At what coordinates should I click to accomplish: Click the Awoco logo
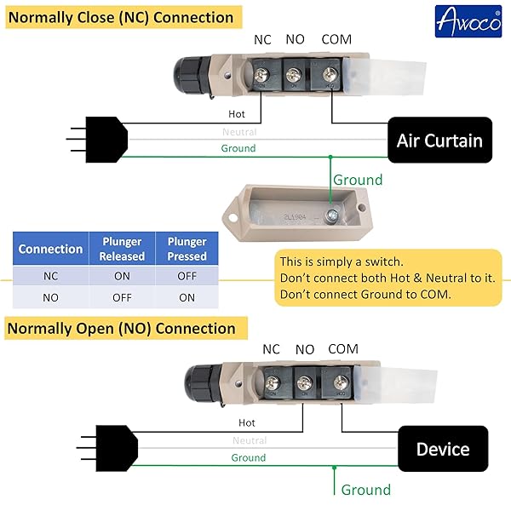(468, 20)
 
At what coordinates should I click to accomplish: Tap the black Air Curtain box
(439, 141)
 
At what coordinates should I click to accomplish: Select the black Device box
(443, 449)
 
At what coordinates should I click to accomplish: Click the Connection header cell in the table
(50, 249)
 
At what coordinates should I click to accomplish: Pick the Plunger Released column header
(122, 249)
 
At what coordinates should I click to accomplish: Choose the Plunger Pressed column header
(187, 249)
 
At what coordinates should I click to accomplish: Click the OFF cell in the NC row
(187, 277)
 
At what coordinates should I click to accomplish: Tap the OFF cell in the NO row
(122, 297)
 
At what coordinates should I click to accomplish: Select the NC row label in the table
(50, 277)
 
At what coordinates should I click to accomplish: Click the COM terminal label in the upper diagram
(336, 39)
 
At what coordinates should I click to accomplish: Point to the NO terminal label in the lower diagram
(305, 349)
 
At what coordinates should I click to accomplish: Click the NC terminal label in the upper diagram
(262, 39)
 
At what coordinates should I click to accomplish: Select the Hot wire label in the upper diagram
(238, 113)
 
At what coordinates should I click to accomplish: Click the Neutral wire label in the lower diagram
(249, 440)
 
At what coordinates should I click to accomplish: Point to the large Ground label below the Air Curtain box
(358, 180)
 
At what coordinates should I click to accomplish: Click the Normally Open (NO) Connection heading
(121, 328)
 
